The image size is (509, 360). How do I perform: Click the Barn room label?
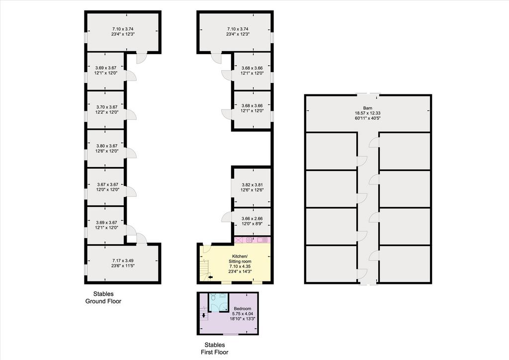point(368,108)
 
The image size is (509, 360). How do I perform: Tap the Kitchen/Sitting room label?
point(240,259)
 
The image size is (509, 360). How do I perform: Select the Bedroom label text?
point(242,308)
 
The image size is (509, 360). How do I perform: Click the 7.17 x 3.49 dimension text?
point(123,261)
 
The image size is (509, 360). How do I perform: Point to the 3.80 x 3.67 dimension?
point(106,146)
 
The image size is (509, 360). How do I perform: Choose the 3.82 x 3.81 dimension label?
point(252,185)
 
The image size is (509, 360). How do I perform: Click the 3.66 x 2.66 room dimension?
point(252,219)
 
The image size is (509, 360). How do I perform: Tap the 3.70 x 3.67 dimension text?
point(107,107)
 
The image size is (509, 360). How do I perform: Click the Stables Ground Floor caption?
point(103,298)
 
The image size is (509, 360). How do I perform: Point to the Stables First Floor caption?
point(215,349)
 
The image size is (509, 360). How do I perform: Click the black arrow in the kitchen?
point(210,277)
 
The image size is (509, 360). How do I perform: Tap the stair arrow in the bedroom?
point(203,315)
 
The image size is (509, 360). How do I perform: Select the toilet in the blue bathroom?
point(213,297)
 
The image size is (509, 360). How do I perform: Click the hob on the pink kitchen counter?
point(249,240)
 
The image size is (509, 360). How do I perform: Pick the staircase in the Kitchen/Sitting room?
point(204,270)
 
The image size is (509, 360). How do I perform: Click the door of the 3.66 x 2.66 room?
point(227,217)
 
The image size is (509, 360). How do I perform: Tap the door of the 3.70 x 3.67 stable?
point(131,114)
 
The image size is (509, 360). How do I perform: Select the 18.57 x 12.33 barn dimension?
point(368,113)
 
